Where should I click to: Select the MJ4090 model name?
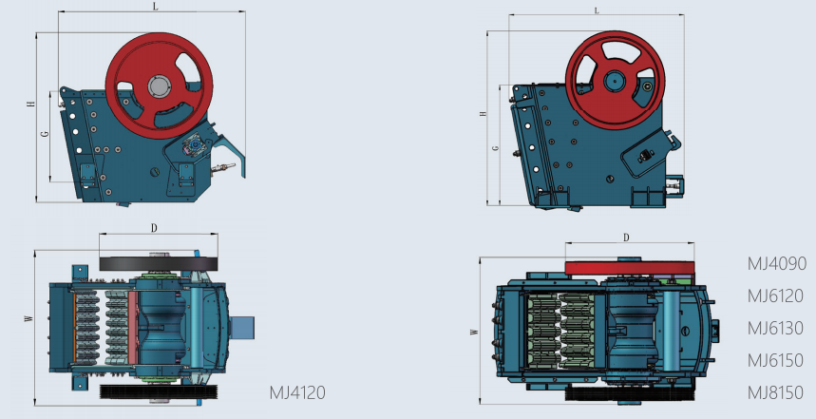(x=775, y=264)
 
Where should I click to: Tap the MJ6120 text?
(x=775, y=296)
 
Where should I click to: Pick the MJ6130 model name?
(x=775, y=329)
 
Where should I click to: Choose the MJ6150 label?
(x=775, y=361)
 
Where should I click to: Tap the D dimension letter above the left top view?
(x=154, y=228)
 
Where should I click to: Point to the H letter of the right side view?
(x=483, y=113)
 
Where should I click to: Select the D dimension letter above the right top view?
(x=626, y=238)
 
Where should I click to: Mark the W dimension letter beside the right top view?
(x=473, y=333)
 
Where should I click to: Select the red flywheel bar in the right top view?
(x=629, y=268)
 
